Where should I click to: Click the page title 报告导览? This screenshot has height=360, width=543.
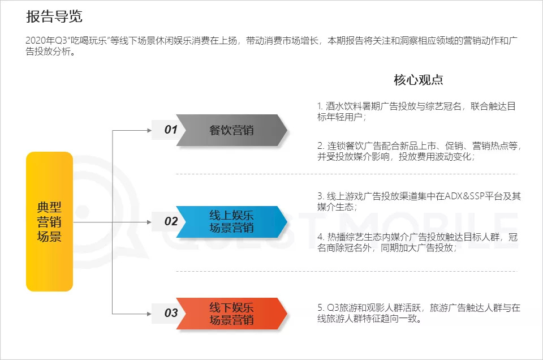click(54, 16)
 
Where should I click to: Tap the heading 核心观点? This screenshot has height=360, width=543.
click(418, 80)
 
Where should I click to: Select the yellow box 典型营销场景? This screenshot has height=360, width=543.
click(49, 221)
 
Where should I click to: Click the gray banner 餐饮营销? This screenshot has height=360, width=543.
click(231, 130)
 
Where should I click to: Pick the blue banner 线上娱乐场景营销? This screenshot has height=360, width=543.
click(231, 221)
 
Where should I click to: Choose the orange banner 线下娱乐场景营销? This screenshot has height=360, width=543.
click(231, 313)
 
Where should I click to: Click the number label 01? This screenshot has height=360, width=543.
click(171, 130)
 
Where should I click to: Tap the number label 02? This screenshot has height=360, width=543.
click(171, 221)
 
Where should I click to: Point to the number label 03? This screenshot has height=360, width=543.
click(171, 313)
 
